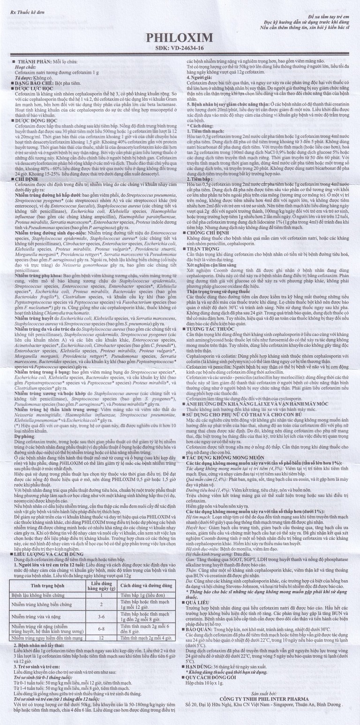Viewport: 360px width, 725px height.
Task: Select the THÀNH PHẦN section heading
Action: coord(34,62)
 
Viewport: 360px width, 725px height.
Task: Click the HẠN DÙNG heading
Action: coord(205,678)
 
